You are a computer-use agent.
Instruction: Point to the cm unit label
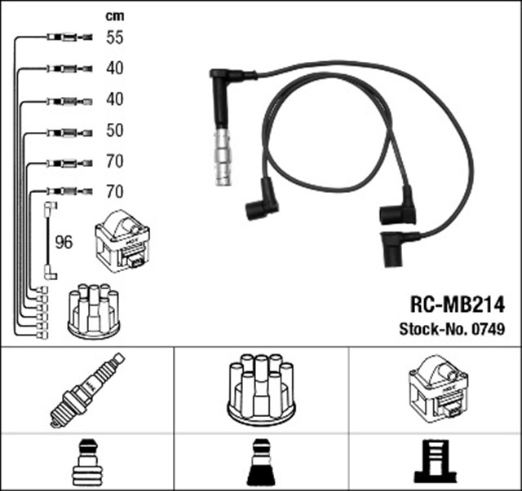pyautogui.click(x=114, y=15)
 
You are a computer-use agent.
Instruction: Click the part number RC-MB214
pyautogui.click(x=457, y=305)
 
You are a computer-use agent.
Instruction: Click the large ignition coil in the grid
pyautogui.click(x=436, y=388)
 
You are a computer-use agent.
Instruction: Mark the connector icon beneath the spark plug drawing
pyautogui.click(x=86, y=463)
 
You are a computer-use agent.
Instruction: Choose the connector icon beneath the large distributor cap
pyautogui.click(x=261, y=463)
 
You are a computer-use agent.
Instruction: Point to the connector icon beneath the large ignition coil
pyautogui.click(x=436, y=463)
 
